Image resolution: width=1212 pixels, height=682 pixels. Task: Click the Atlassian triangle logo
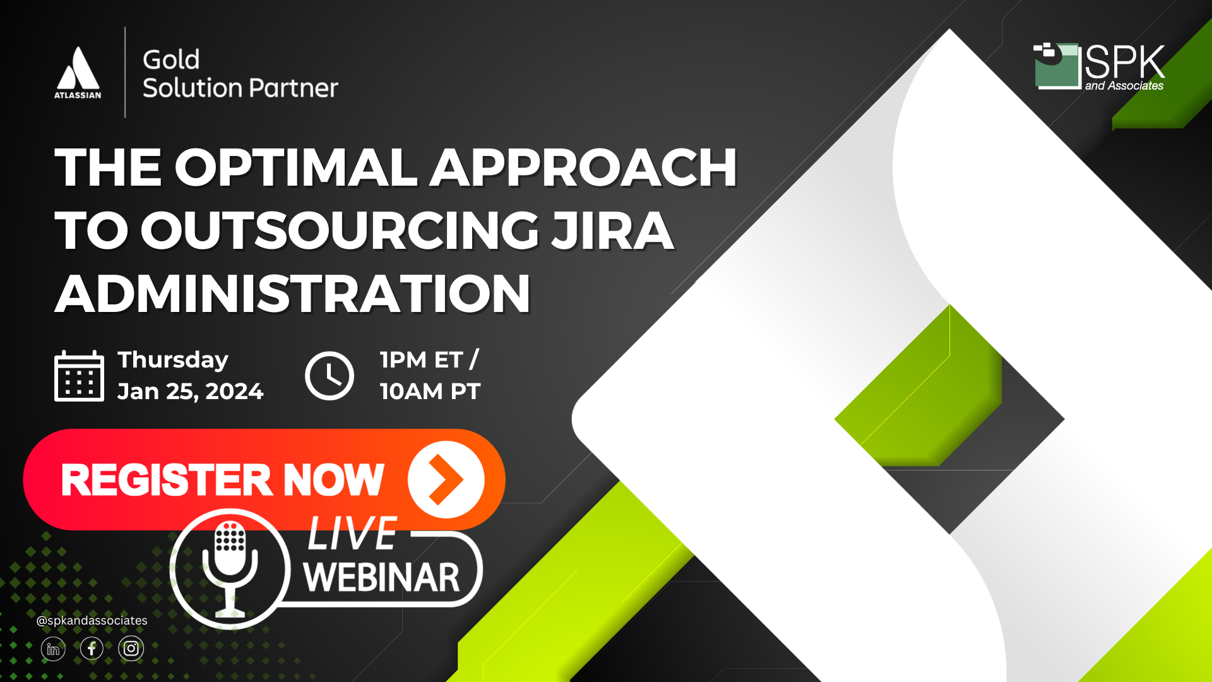(x=78, y=68)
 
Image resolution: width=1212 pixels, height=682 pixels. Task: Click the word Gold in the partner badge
(x=171, y=60)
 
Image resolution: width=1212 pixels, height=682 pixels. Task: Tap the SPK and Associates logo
(x=1098, y=67)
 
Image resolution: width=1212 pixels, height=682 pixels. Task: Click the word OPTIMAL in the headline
(x=295, y=168)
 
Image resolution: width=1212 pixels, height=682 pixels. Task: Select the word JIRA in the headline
(x=612, y=231)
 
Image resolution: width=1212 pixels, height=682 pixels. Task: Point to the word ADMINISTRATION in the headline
(x=292, y=294)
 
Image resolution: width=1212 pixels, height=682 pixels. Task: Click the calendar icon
(x=79, y=376)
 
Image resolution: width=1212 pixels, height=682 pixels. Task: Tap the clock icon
(x=330, y=376)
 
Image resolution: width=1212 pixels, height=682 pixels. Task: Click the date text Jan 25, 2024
(x=190, y=392)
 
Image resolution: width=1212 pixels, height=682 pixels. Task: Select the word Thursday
(x=173, y=360)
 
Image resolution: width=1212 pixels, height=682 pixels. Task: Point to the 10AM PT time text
(x=430, y=392)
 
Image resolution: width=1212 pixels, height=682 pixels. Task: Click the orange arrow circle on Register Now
(x=446, y=479)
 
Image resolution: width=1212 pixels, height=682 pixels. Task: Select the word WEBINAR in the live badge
(x=381, y=577)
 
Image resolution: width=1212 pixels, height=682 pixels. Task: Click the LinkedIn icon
(x=53, y=649)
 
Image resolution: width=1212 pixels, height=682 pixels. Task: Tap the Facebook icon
(x=92, y=649)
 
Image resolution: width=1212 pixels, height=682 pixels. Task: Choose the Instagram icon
(x=131, y=649)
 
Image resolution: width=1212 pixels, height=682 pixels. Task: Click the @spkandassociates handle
(x=92, y=621)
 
